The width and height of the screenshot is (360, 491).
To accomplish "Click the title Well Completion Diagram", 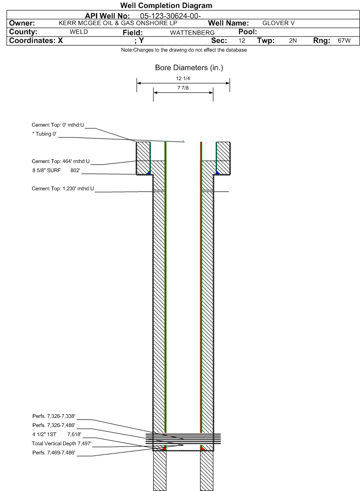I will tap(180, 6).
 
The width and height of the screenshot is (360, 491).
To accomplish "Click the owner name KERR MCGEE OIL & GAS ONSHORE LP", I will tap(120, 23).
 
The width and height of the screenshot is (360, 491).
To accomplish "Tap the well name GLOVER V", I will tap(276, 23).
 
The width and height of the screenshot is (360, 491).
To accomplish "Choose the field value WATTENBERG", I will tap(189, 32).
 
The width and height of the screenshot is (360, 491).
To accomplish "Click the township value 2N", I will tap(293, 41).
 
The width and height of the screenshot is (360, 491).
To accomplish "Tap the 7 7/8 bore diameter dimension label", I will tap(183, 88).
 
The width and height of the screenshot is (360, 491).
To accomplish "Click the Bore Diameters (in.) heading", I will tap(189, 68).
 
